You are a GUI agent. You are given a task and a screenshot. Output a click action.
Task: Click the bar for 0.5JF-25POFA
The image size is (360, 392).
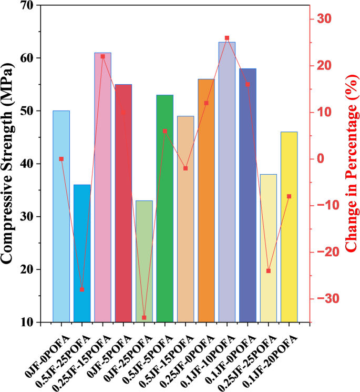click(82, 253)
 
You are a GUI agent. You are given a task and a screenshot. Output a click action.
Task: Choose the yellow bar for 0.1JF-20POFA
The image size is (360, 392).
click(289, 226)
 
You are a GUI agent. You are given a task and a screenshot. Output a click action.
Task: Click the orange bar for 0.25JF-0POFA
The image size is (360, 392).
click(206, 200)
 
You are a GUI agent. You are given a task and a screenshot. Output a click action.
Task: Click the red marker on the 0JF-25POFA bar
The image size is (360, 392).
click(144, 318)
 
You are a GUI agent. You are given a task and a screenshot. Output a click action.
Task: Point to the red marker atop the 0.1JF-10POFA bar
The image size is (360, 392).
click(227, 38)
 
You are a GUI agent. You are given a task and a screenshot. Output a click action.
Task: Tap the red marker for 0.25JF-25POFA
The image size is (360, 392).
click(269, 271)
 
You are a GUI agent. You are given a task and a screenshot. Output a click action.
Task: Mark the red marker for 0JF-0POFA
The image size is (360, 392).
click(61, 158)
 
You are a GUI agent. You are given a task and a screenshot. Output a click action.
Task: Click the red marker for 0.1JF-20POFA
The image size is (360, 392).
click(289, 196)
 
